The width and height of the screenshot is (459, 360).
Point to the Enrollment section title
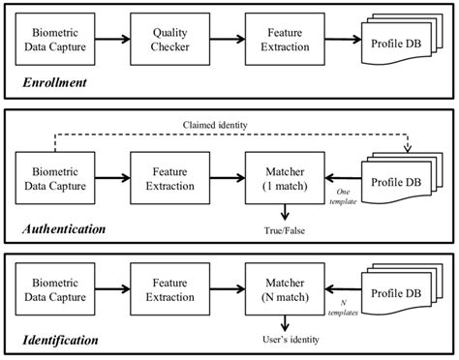55,83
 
